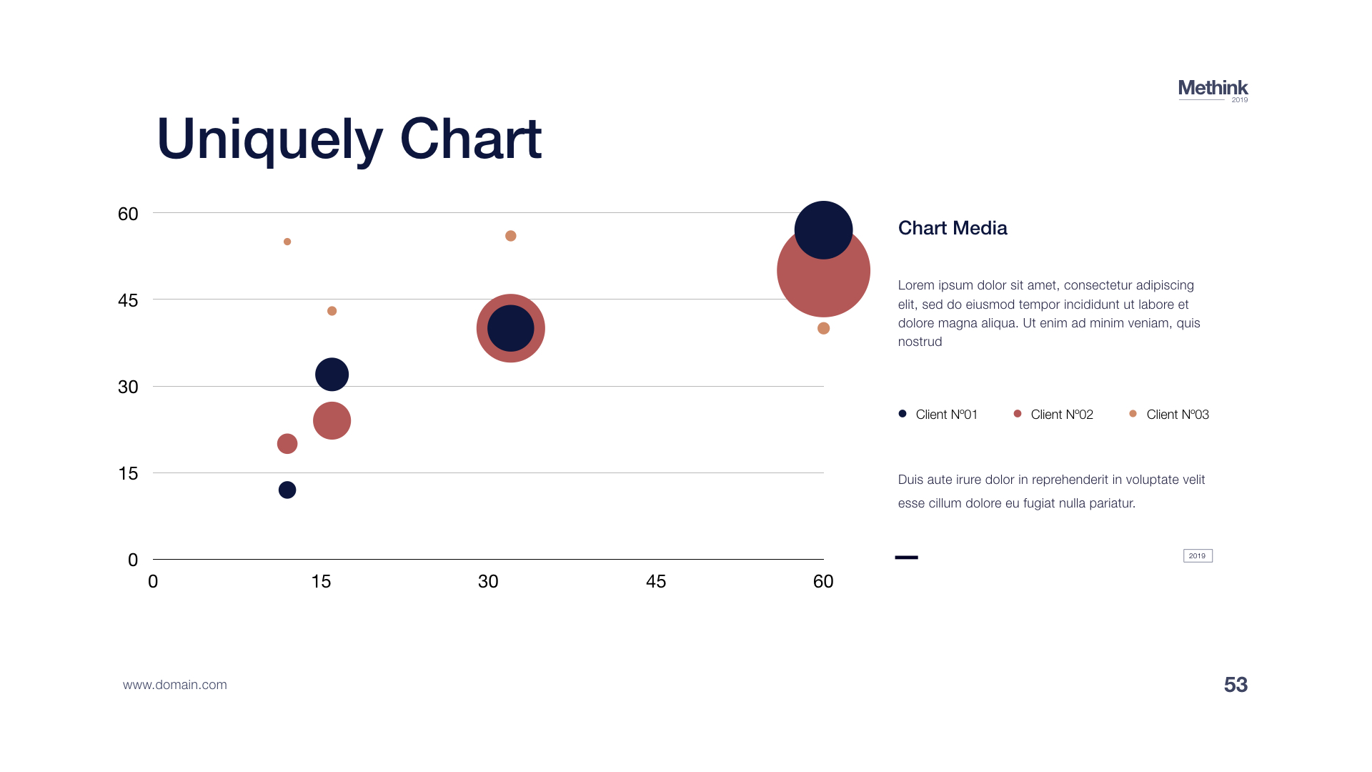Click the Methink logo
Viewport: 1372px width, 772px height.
tap(1213, 90)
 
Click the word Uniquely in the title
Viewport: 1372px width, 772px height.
tap(269, 140)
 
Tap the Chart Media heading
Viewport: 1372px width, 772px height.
tap(953, 228)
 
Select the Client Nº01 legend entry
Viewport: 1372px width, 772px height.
tap(938, 415)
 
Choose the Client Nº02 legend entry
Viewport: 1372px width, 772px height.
tap(1053, 415)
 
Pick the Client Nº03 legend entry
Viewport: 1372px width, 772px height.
tap(1168, 415)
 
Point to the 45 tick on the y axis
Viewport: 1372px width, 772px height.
tap(128, 300)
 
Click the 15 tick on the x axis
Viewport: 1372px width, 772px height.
tap(321, 581)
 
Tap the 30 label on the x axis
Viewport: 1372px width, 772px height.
tap(488, 581)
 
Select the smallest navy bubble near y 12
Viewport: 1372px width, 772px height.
tap(287, 490)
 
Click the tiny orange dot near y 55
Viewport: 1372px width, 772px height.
tap(287, 242)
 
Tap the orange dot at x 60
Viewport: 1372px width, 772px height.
tap(823, 328)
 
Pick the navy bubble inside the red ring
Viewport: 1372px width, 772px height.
tap(511, 328)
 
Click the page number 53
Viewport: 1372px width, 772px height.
tap(1236, 685)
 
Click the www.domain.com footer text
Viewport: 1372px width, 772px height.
tap(175, 685)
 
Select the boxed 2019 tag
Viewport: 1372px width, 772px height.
tap(1198, 555)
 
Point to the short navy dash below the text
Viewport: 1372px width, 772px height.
tap(906, 557)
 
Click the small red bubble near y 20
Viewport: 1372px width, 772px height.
tap(287, 444)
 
